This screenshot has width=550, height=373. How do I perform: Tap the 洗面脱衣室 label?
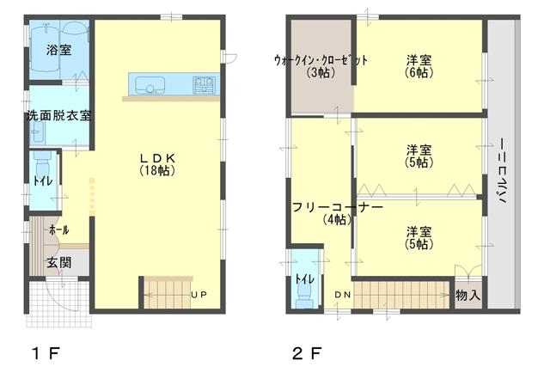click(x=58, y=115)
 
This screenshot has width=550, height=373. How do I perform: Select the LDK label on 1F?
click(x=158, y=158)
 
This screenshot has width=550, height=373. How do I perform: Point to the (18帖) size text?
click(x=158, y=171)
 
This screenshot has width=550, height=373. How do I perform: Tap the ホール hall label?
click(x=58, y=230)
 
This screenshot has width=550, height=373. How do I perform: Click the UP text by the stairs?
click(x=199, y=295)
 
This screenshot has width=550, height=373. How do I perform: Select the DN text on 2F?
click(x=342, y=295)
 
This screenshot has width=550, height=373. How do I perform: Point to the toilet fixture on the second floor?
click(x=302, y=290)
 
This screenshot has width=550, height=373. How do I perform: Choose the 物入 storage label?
click(x=467, y=295)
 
